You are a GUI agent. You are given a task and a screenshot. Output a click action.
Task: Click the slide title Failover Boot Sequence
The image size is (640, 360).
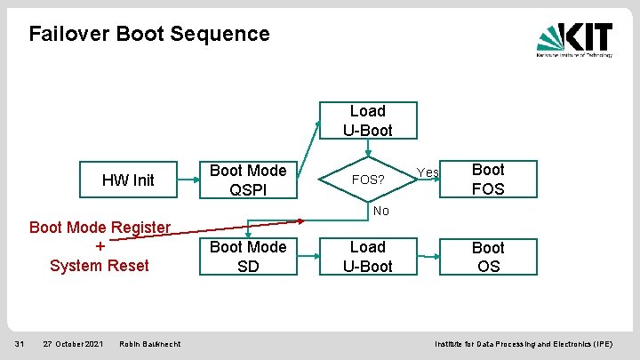pos(148,34)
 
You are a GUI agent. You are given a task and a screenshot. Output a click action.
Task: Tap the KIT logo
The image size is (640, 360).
pos(573,38)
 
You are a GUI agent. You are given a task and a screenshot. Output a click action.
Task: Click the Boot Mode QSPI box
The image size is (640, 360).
pos(247,180)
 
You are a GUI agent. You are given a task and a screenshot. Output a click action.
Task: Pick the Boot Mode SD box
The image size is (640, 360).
pos(247,256)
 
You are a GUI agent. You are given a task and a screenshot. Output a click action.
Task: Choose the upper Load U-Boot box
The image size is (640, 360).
pos(367,121)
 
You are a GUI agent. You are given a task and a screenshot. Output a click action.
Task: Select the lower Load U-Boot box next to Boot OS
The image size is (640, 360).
pos(367,256)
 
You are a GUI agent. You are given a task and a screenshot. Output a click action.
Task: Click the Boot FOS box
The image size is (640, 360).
pos(487,179)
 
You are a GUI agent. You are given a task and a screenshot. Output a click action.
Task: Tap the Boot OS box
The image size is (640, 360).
pos(487,257)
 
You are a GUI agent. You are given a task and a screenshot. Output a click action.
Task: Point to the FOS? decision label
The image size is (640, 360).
pos(368,180)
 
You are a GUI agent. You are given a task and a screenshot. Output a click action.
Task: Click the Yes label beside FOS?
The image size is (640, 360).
pos(428,172)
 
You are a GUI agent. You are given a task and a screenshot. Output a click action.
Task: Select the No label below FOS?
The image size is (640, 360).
pos(380,211)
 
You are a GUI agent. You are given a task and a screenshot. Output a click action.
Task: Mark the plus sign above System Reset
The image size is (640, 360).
pos(100,246)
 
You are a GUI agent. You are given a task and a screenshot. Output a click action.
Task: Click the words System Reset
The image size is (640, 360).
pos(100,266)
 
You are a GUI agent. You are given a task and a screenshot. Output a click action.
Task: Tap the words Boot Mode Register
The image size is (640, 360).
pos(100,227)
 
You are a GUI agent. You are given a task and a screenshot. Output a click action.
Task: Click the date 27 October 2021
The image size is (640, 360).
pos(72,344)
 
